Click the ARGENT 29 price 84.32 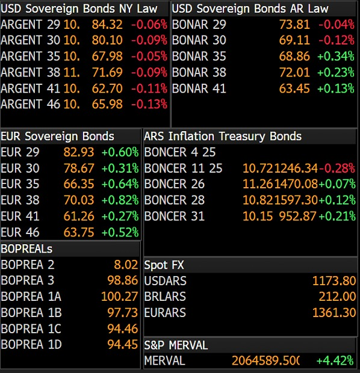[x=107, y=24]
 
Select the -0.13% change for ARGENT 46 [x=149, y=104]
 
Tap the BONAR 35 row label [x=199, y=56]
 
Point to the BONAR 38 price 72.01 [x=294, y=72]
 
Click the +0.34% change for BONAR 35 [x=336, y=56]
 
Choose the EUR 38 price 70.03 [x=79, y=200]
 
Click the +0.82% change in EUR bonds [x=120, y=200]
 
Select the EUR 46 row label [x=20, y=232]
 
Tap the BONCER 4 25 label [x=180, y=152]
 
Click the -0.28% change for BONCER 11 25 [x=337, y=168]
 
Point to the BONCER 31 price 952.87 [x=297, y=216]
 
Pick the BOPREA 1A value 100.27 [x=120, y=297]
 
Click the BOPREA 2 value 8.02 [x=126, y=265]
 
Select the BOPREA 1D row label [x=31, y=345]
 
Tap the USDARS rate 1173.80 [x=334, y=281]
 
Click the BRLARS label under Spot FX [x=165, y=297]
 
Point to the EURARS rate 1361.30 [x=334, y=313]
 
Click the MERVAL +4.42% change [x=335, y=360]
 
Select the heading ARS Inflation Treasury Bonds [x=223, y=137]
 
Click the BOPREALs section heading [x=26, y=249]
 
